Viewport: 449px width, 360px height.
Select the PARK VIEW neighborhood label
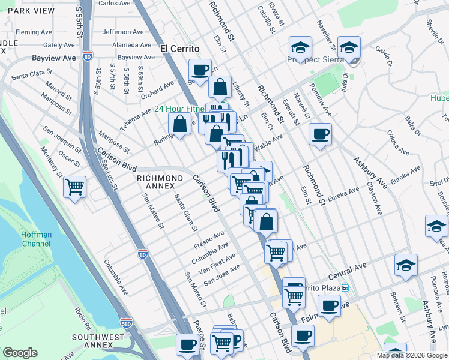pos(27,11)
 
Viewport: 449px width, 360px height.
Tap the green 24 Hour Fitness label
pos(179,109)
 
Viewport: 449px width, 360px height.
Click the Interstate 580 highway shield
pos(125,323)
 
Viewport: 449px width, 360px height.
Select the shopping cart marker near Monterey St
pos(75,187)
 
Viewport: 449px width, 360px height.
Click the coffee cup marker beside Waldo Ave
pos(320,134)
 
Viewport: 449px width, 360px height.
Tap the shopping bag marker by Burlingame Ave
pos(179,124)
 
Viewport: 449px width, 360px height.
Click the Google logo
pos(20,353)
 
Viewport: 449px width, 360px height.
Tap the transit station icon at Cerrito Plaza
pos(345,288)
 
